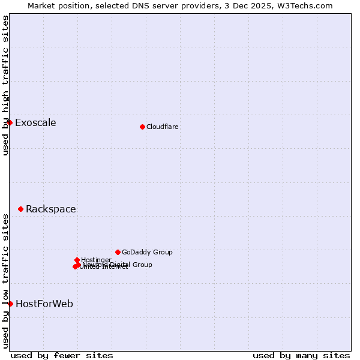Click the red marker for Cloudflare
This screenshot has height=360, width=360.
(142, 127)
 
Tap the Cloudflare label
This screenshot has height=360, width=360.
(162, 127)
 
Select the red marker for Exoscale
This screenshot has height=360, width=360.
(10, 123)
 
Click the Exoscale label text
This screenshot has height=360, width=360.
(35, 123)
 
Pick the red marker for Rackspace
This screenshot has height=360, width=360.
(20, 209)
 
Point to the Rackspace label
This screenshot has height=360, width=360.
(50, 209)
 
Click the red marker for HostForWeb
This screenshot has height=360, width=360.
(10, 304)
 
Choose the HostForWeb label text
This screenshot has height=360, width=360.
(44, 304)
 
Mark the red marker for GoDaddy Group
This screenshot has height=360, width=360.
(118, 252)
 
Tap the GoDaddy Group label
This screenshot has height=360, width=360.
(147, 253)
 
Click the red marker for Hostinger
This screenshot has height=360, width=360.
(77, 260)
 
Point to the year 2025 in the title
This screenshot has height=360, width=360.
(256, 5)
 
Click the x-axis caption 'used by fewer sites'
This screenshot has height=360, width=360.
(62, 355)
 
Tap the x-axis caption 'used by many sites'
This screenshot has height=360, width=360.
(301, 355)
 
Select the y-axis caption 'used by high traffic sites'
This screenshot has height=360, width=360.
(5, 85)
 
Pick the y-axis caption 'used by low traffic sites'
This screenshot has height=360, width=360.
(5, 280)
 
